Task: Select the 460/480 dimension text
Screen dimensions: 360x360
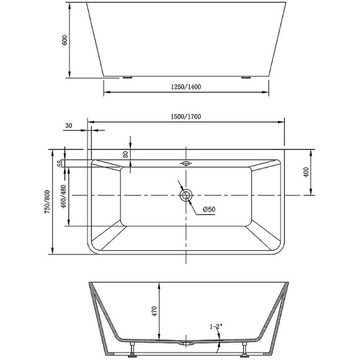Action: pos(64,196)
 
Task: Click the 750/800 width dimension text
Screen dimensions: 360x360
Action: pos(47,202)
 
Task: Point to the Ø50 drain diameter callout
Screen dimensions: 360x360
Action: pos(209,210)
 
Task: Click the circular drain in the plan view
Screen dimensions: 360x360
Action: pos(186,196)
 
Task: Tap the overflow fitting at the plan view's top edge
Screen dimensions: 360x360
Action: pos(186,164)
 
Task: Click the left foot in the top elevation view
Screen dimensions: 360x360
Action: pos(127,78)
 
